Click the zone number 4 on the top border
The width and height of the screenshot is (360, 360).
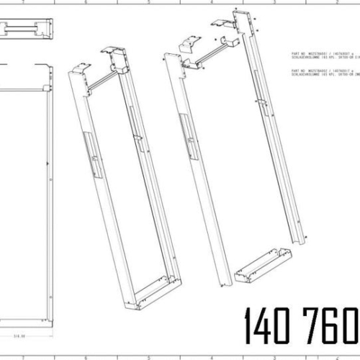tap(212, 3)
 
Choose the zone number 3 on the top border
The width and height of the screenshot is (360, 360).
tap(274, 3)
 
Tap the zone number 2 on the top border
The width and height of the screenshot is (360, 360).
tap(337, 3)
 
